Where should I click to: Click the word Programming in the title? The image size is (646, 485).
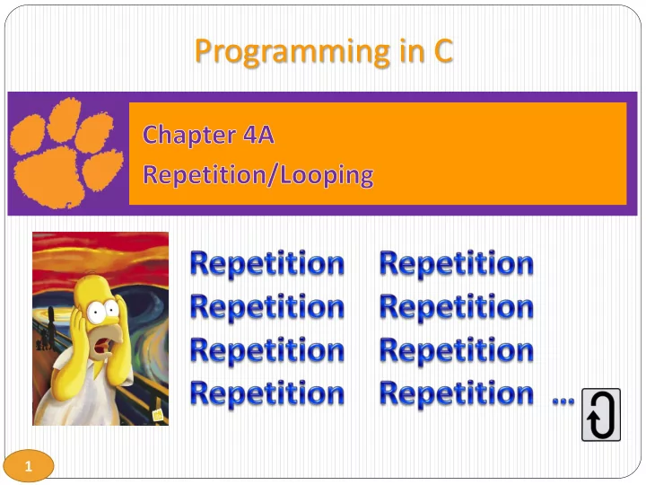(x=292, y=52)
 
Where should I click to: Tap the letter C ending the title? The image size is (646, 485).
(x=443, y=50)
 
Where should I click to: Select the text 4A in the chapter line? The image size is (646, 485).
(x=258, y=135)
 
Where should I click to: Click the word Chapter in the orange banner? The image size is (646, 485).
(x=189, y=135)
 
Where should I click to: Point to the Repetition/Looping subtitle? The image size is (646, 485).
(x=258, y=175)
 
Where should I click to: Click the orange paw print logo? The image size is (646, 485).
(x=65, y=153)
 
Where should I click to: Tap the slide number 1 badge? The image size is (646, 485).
(x=29, y=465)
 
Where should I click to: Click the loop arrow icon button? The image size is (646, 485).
(x=600, y=414)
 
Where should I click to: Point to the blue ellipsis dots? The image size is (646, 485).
(x=563, y=400)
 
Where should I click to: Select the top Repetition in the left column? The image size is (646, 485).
(x=267, y=264)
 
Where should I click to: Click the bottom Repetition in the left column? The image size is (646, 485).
(x=267, y=394)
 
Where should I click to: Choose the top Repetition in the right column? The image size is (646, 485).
(x=456, y=264)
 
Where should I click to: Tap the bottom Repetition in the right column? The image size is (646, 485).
(x=456, y=394)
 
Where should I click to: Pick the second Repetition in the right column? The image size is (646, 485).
(x=456, y=307)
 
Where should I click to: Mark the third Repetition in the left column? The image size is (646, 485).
(x=267, y=350)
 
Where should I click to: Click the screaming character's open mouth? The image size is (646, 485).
(x=104, y=345)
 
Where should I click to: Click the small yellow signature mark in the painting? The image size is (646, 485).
(x=158, y=414)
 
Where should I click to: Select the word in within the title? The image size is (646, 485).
(x=411, y=50)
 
